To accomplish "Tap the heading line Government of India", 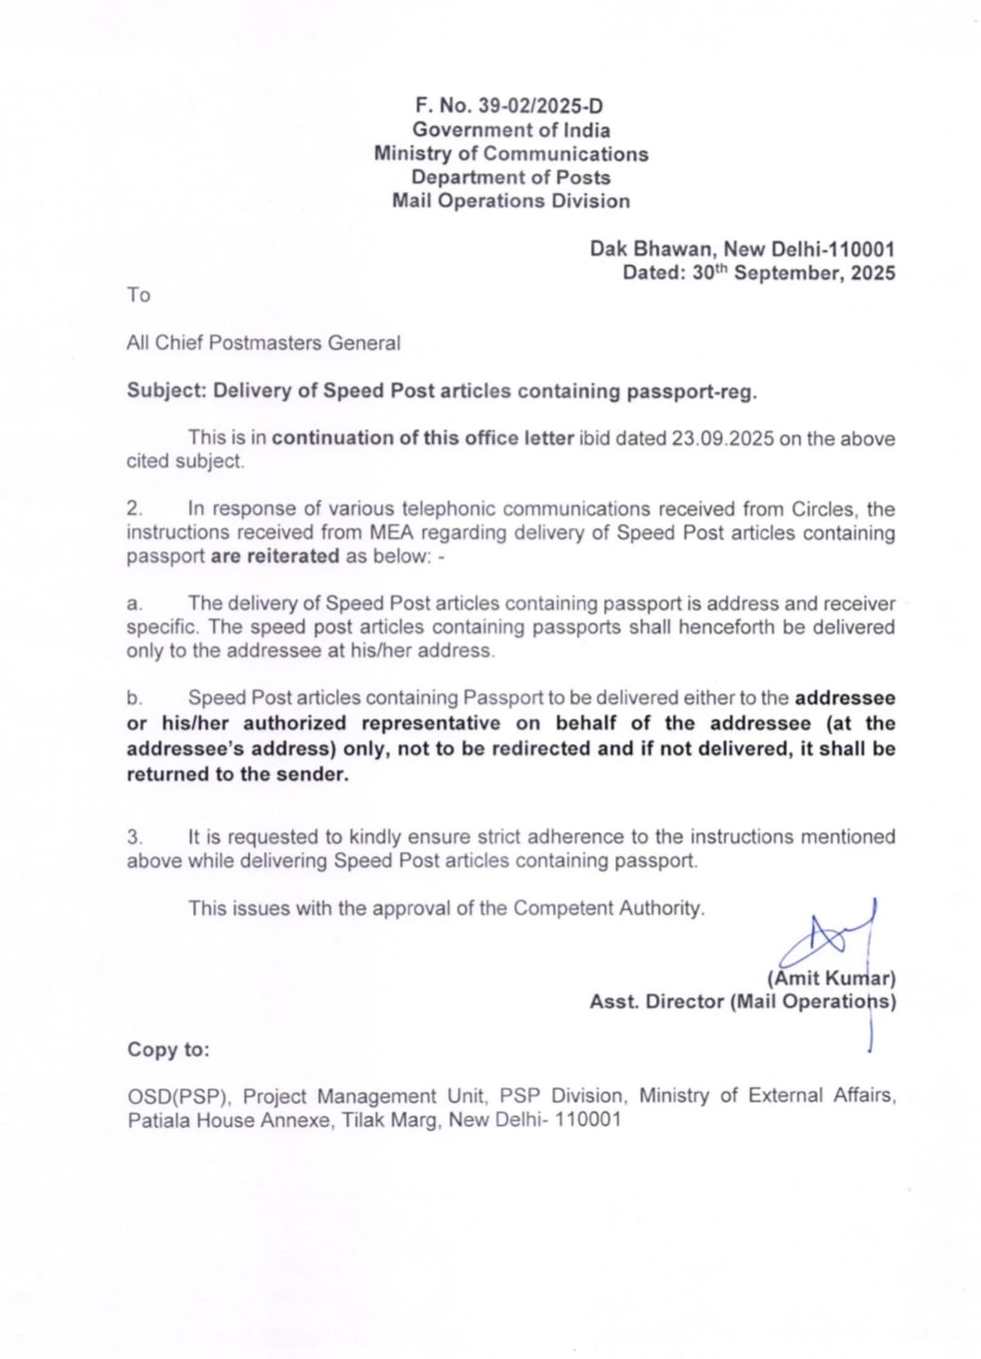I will (511, 130).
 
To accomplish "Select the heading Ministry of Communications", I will (511, 154).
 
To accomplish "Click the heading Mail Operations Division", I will (511, 201).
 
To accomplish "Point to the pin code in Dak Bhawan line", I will (862, 250).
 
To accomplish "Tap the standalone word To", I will (138, 295).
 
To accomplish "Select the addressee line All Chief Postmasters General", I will (264, 343).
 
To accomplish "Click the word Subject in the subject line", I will (165, 391).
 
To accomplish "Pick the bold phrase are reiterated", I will (275, 557).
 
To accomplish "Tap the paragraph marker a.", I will (135, 604).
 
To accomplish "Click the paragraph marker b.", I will (135, 699).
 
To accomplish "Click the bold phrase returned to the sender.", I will (238, 775).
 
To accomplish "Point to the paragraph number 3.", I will (135, 838).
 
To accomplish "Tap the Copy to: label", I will (168, 1049).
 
